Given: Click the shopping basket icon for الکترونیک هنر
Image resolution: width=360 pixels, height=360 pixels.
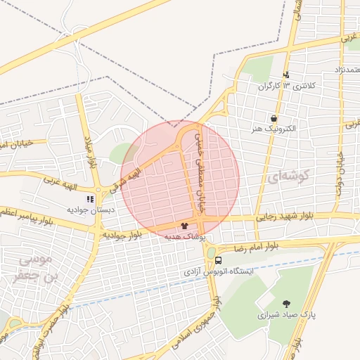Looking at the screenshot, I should click(x=273, y=118).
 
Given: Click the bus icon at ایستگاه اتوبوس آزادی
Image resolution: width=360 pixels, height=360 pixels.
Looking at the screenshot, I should click(x=219, y=260).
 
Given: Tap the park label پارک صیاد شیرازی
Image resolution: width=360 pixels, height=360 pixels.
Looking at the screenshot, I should click(x=285, y=315).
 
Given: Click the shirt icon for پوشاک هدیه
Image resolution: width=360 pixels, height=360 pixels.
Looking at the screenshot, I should click(x=184, y=226).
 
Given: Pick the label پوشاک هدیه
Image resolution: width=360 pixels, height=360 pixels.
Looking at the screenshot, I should click(x=184, y=238).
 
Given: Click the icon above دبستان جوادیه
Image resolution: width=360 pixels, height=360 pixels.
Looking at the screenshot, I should click(x=90, y=199).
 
